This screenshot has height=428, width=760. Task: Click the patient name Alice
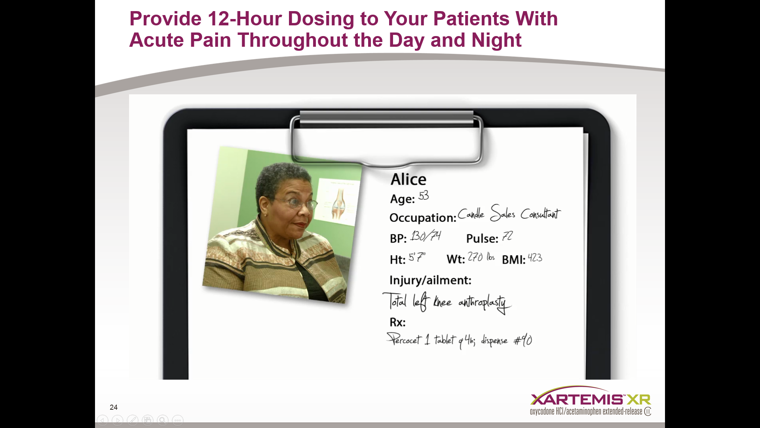(x=408, y=180)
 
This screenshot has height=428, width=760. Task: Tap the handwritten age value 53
(x=424, y=195)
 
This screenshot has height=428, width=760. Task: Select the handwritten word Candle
(x=471, y=214)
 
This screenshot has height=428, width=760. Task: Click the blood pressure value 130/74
(x=426, y=236)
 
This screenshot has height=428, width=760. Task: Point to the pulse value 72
(x=507, y=237)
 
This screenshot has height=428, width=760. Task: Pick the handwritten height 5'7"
(x=417, y=258)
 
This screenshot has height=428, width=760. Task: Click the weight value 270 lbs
(x=481, y=257)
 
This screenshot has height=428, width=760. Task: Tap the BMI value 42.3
(x=535, y=258)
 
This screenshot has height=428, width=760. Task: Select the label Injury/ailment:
(x=430, y=280)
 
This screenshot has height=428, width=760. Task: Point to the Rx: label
(x=397, y=322)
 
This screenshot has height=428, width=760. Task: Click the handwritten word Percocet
(x=404, y=340)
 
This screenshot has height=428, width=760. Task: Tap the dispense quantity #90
(x=523, y=340)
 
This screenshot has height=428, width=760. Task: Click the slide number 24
(x=114, y=407)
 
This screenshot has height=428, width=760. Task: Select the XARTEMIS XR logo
(x=590, y=400)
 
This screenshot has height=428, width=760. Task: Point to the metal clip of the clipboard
(x=387, y=139)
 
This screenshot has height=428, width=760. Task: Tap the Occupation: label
(x=423, y=218)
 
